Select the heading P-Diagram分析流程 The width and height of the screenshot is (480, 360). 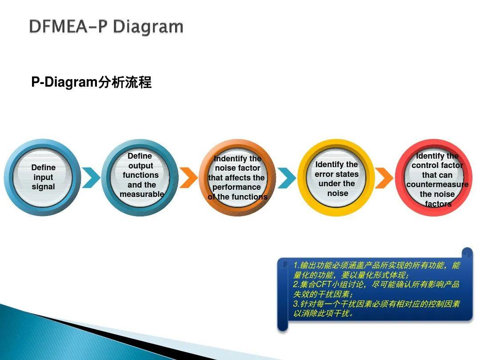click(91, 82)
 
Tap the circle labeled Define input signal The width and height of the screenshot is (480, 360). click(43, 177)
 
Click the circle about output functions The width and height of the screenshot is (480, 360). click(140, 177)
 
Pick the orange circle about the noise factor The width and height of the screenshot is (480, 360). click(237, 177)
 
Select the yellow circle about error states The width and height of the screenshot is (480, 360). click(336, 177)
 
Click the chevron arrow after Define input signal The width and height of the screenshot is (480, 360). click(91, 177)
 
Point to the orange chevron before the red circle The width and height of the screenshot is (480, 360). click(384, 177)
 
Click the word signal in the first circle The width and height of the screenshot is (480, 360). click(43, 187)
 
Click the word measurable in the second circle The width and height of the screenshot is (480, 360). click(142, 194)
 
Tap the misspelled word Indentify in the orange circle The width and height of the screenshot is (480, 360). click(231, 159)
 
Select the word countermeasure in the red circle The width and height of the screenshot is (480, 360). click(437, 184)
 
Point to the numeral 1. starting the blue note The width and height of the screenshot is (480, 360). click(296, 265)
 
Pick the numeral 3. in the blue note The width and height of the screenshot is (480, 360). click(296, 304)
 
